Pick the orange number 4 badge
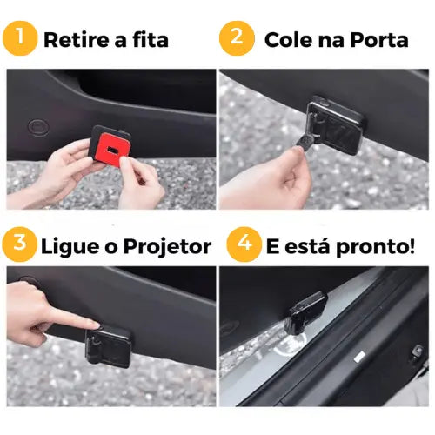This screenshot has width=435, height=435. (243, 244)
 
